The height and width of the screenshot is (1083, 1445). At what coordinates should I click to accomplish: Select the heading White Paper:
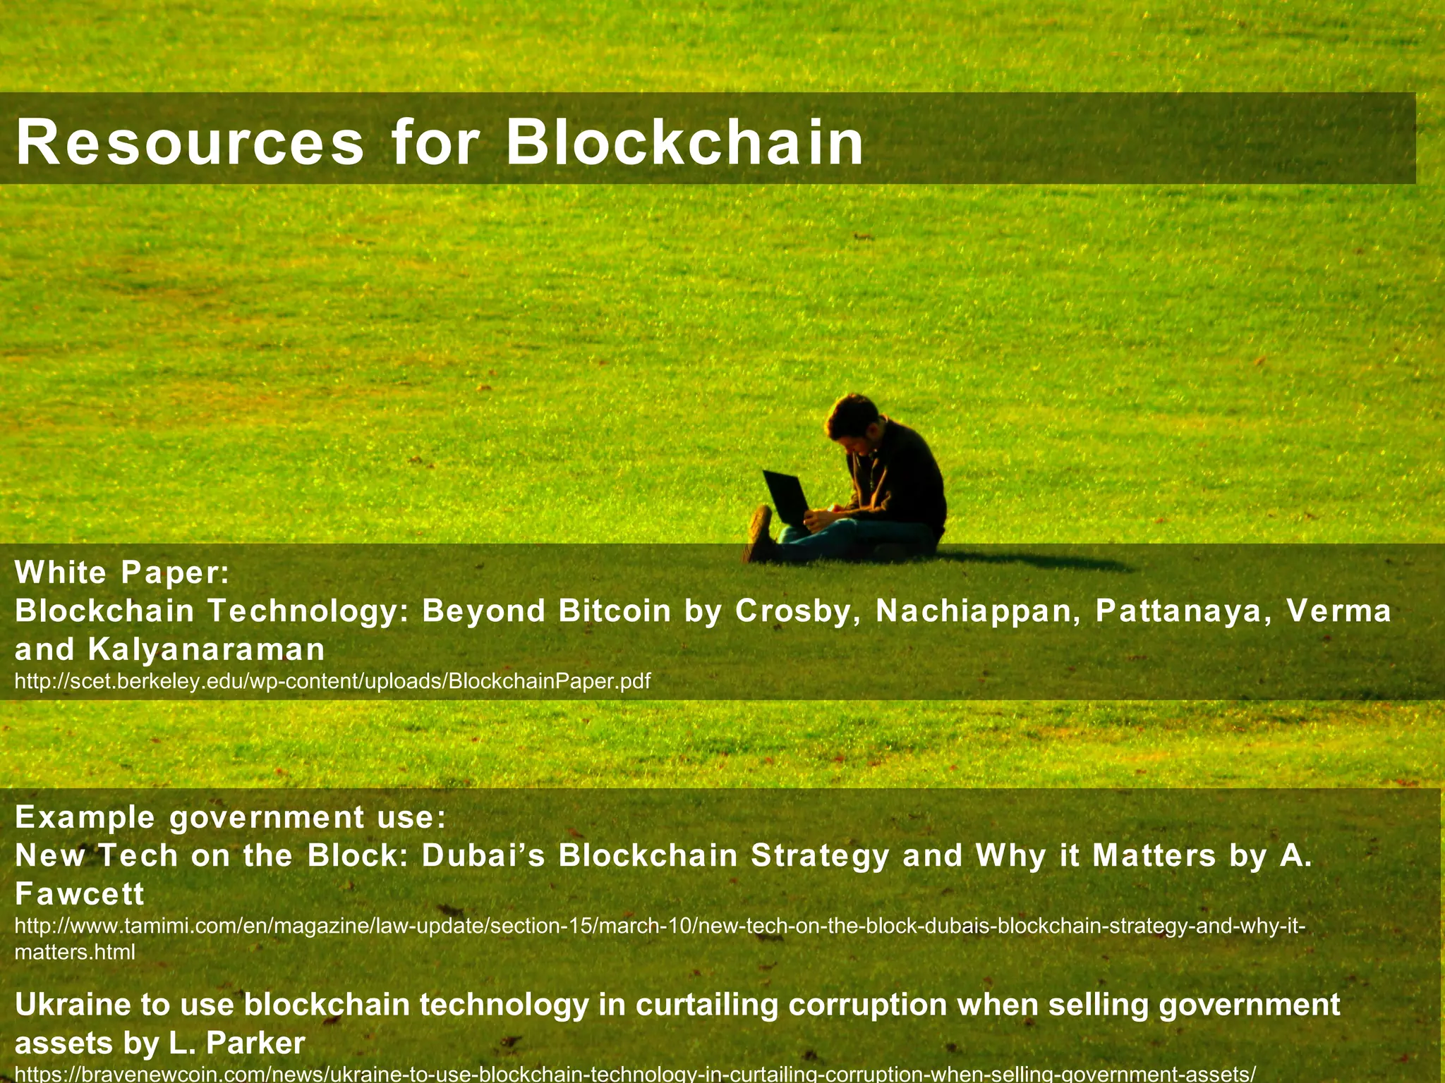[122, 573]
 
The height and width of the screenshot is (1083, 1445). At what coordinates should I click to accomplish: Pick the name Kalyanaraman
[206, 649]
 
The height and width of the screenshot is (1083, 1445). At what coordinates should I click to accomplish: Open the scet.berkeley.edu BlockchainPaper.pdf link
[332, 682]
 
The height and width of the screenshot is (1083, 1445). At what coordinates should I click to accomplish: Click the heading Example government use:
[230, 817]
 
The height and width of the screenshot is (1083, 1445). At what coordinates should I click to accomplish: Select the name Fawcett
[79, 894]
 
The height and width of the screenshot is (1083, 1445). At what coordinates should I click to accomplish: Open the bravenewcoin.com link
[635, 1075]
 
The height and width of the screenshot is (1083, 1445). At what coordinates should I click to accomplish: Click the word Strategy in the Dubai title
[820, 856]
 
